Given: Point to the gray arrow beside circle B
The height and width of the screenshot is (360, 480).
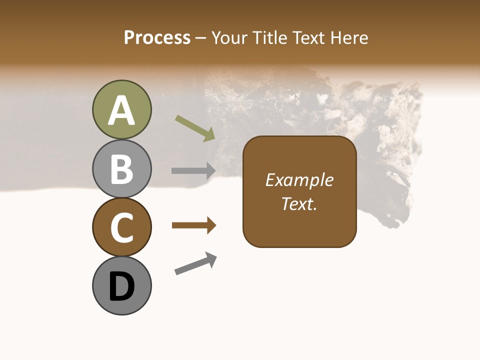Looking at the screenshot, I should pyautogui.click(x=193, y=170).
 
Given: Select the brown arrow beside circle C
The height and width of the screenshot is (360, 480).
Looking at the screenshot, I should pyautogui.click(x=194, y=225).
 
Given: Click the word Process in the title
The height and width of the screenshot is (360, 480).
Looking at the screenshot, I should pyautogui.click(x=157, y=37).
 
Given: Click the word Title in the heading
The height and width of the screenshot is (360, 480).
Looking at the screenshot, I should pyautogui.click(x=269, y=37).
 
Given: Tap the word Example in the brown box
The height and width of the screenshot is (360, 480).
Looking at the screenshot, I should pyautogui.click(x=299, y=180).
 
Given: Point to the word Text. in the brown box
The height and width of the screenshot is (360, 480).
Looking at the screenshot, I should pyautogui.click(x=299, y=203).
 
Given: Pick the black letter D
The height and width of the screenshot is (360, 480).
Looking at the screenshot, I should pyautogui.click(x=122, y=286).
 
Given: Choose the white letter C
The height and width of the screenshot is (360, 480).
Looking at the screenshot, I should pyautogui.click(x=122, y=228).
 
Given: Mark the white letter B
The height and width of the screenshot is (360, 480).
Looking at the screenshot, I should pyautogui.click(x=122, y=169).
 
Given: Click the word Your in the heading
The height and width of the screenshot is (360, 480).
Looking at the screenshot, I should pyautogui.click(x=230, y=37).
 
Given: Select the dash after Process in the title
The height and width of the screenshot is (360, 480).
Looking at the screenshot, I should pyautogui.click(x=201, y=38).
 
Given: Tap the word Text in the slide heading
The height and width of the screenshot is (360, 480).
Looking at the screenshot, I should pyautogui.click(x=307, y=37).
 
